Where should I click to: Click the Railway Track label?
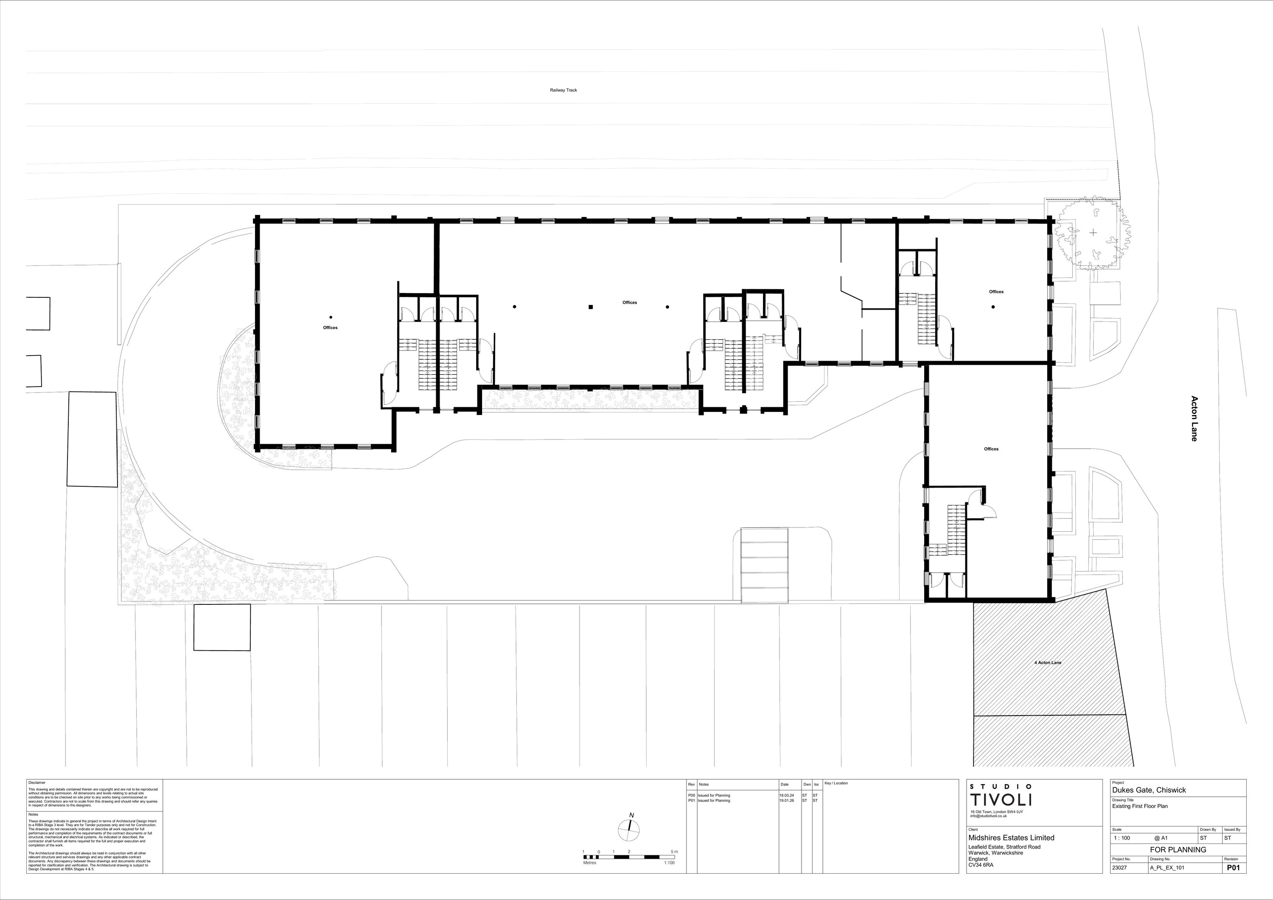pyautogui.click(x=564, y=90)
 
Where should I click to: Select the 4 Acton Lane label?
pyautogui.click(x=1048, y=663)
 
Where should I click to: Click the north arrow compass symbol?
pyautogui.click(x=629, y=829)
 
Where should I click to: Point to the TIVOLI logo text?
pyautogui.click(x=1001, y=800)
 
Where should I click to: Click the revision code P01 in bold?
pyautogui.click(x=1233, y=869)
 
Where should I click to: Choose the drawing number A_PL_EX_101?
pyautogui.click(x=1166, y=869)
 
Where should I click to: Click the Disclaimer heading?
pyautogui.click(x=37, y=782)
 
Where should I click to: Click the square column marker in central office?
pyautogui.click(x=591, y=307)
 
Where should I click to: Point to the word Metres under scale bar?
pyautogui.click(x=589, y=863)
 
